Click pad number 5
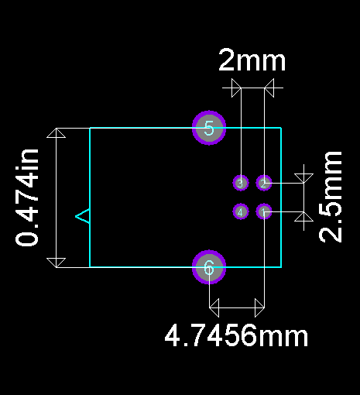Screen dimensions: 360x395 pos(209,128)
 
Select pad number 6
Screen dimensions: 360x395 pos(209,267)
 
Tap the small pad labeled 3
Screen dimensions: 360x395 pos(241,183)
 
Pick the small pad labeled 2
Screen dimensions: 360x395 pos(264,183)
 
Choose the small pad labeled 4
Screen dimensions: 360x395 pos(241,211)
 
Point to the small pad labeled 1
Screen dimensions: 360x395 pos(264,211)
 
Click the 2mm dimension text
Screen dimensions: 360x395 pos(252,60)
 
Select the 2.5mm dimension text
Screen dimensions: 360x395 pos(331,197)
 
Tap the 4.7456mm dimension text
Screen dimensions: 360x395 pos(236,335)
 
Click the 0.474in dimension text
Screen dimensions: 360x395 pos(27,197)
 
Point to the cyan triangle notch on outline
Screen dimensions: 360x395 pos(83,216)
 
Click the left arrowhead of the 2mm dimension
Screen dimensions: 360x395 pos(236,88)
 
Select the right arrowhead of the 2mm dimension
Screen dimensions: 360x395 pos(269,88)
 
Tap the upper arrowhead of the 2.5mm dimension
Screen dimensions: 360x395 pos(303,178)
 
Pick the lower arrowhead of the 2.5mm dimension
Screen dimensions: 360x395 pos(303,217)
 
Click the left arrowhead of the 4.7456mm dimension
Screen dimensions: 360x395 pos(214,307)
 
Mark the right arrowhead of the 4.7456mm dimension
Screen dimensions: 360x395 pos(259,307)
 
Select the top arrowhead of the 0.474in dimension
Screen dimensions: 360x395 pos(57,133)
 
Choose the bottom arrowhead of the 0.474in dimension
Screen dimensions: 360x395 pos(57,263)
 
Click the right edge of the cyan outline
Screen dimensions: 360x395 pos(281,197)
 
